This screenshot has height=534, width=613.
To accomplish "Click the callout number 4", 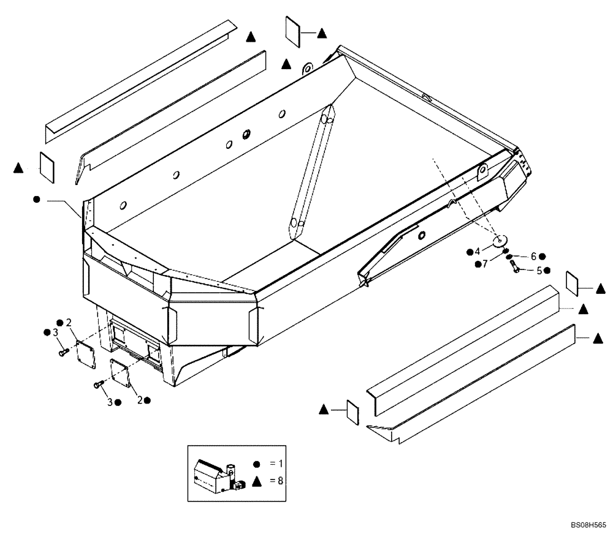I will click(x=478, y=251).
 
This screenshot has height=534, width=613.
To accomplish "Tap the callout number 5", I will click(x=539, y=270).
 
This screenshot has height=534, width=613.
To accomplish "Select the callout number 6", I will click(x=533, y=256).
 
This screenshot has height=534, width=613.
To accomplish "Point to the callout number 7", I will click(x=485, y=264).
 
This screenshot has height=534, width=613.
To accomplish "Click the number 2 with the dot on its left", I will click(x=69, y=322).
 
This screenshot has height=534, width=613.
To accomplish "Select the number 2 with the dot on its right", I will click(x=140, y=400).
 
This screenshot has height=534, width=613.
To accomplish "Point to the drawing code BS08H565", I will click(x=588, y=525).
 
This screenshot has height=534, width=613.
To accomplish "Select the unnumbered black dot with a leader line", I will click(x=37, y=200).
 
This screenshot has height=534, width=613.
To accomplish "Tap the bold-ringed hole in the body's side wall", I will click(x=247, y=134).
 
